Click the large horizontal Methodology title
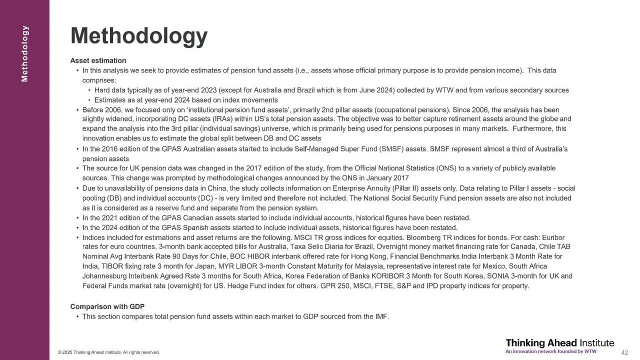139,35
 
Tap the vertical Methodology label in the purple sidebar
25,53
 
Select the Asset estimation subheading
98,60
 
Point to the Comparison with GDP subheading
107,306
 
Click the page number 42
624,352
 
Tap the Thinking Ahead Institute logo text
559,342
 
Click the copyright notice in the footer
109,352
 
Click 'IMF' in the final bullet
381,316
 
